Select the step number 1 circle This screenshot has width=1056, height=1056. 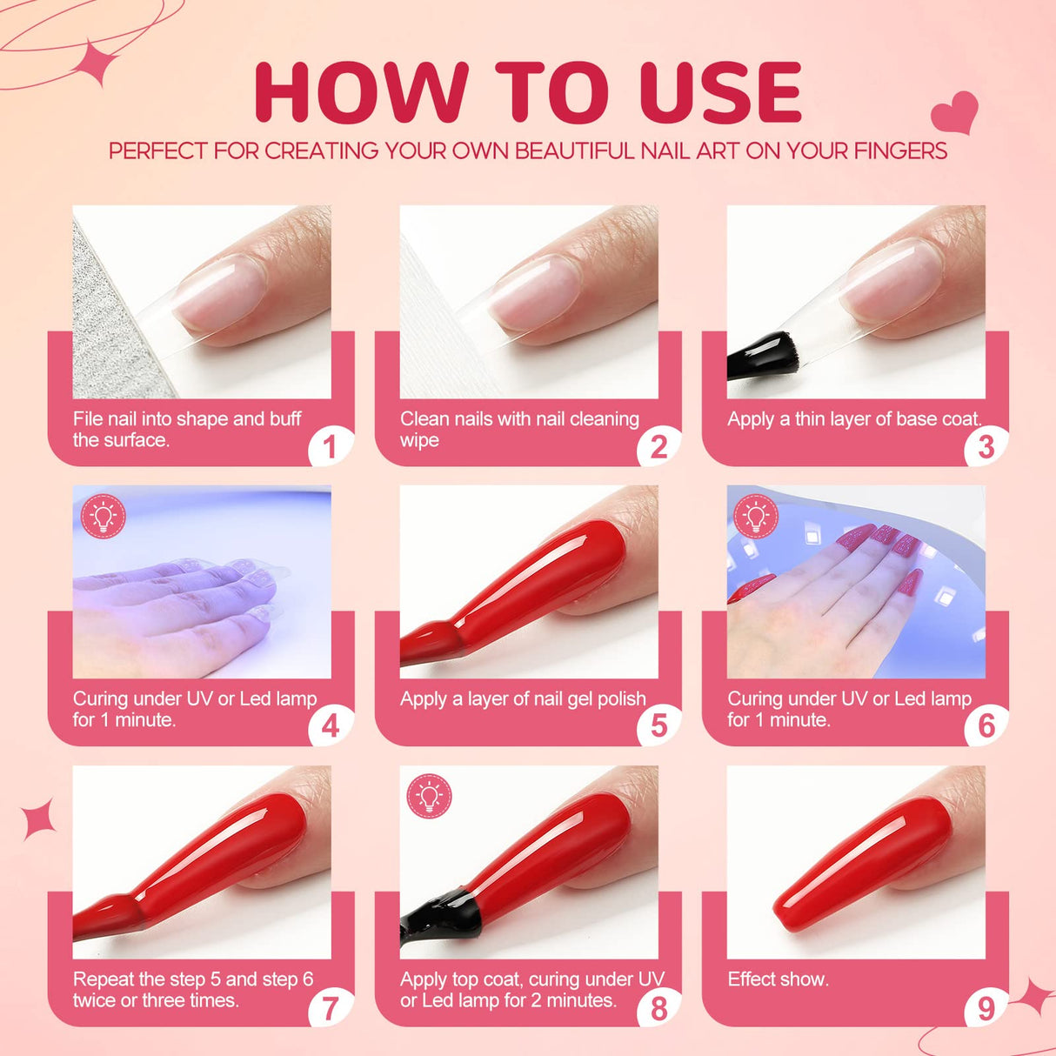(330, 447)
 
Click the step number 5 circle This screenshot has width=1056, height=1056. (658, 725)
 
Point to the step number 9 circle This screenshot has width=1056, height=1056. (986, 1008)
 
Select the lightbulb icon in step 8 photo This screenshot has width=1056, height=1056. (429, 796)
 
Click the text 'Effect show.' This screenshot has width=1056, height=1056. (778, 979)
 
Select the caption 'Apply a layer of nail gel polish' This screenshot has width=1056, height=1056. (523, 699)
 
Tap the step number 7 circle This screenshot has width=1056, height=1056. (330, 1008)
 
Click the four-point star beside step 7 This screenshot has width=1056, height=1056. (39, 819)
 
